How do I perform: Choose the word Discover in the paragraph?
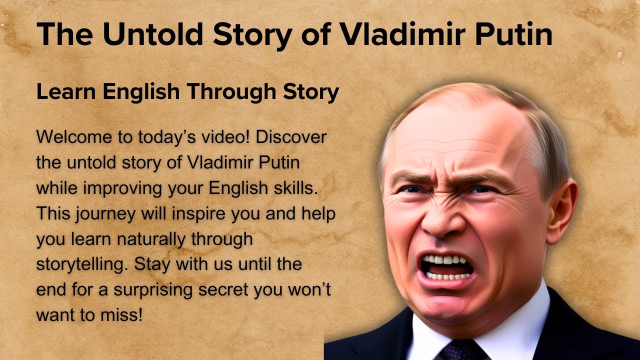[x=291, y=137]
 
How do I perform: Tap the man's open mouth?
[x=446, y=267]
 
